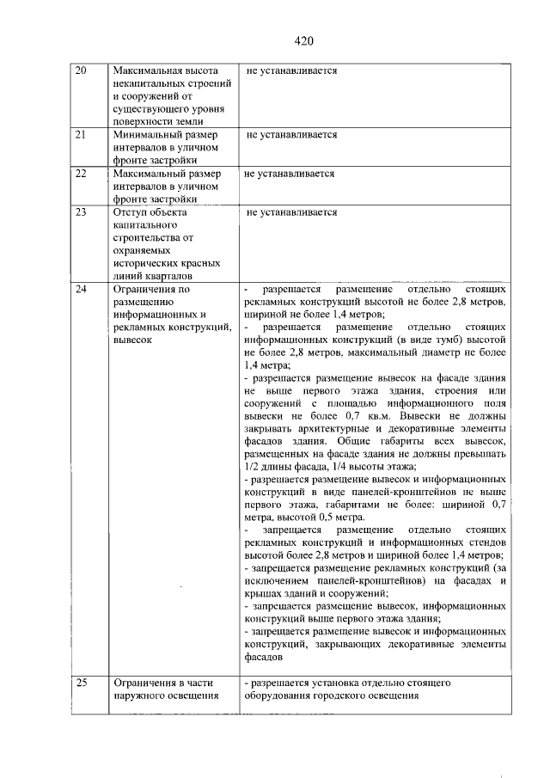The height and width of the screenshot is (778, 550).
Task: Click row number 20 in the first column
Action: [82, 70]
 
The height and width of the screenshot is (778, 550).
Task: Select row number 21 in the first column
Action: [82, 135]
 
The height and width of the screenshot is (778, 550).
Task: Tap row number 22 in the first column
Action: [82, 174]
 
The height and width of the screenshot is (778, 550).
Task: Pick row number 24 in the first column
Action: [82, 289]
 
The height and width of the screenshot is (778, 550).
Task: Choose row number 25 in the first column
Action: [82, 683]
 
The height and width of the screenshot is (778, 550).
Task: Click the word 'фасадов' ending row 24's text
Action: [261, 657]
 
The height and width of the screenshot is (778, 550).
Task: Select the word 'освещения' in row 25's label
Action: [189, 696]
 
